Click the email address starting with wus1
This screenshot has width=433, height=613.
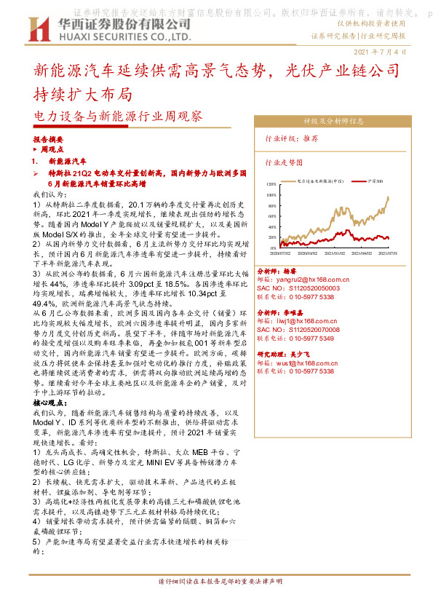[297, 363]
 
